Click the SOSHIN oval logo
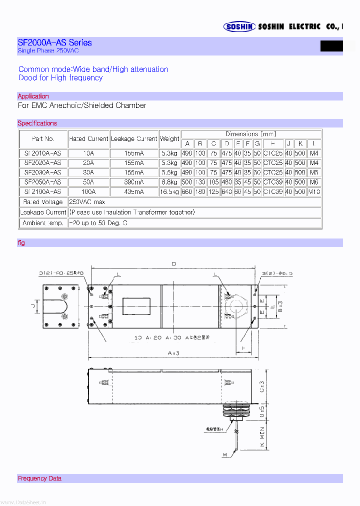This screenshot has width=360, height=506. [x=239, y=27]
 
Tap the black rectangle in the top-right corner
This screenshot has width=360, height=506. [x=331, y=46]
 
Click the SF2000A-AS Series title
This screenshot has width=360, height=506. [x=54, y=42]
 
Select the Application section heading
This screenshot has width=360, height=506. [x=33, y=96]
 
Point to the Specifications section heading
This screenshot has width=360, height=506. [x=37, y=123]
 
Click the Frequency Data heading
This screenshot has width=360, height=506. [x=39, y=478]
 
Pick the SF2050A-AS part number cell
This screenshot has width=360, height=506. [x=43, y=182]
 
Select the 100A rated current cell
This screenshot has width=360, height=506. [x=88, y=191]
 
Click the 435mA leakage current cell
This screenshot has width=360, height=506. [x=134, y=191]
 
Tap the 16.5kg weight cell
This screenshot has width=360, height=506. [x=169, y=191]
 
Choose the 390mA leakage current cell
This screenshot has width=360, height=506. [x=134, y=182]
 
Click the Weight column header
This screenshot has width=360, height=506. [x=169, y=138]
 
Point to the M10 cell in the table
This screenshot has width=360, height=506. [x=313, y=191]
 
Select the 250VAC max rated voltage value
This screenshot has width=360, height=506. [x=87, y=201]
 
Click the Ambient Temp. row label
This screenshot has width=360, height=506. [x=43, y=223]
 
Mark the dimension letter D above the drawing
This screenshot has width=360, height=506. [x=173, y=264]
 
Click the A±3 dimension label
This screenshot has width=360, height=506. [x=173, y=353]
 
